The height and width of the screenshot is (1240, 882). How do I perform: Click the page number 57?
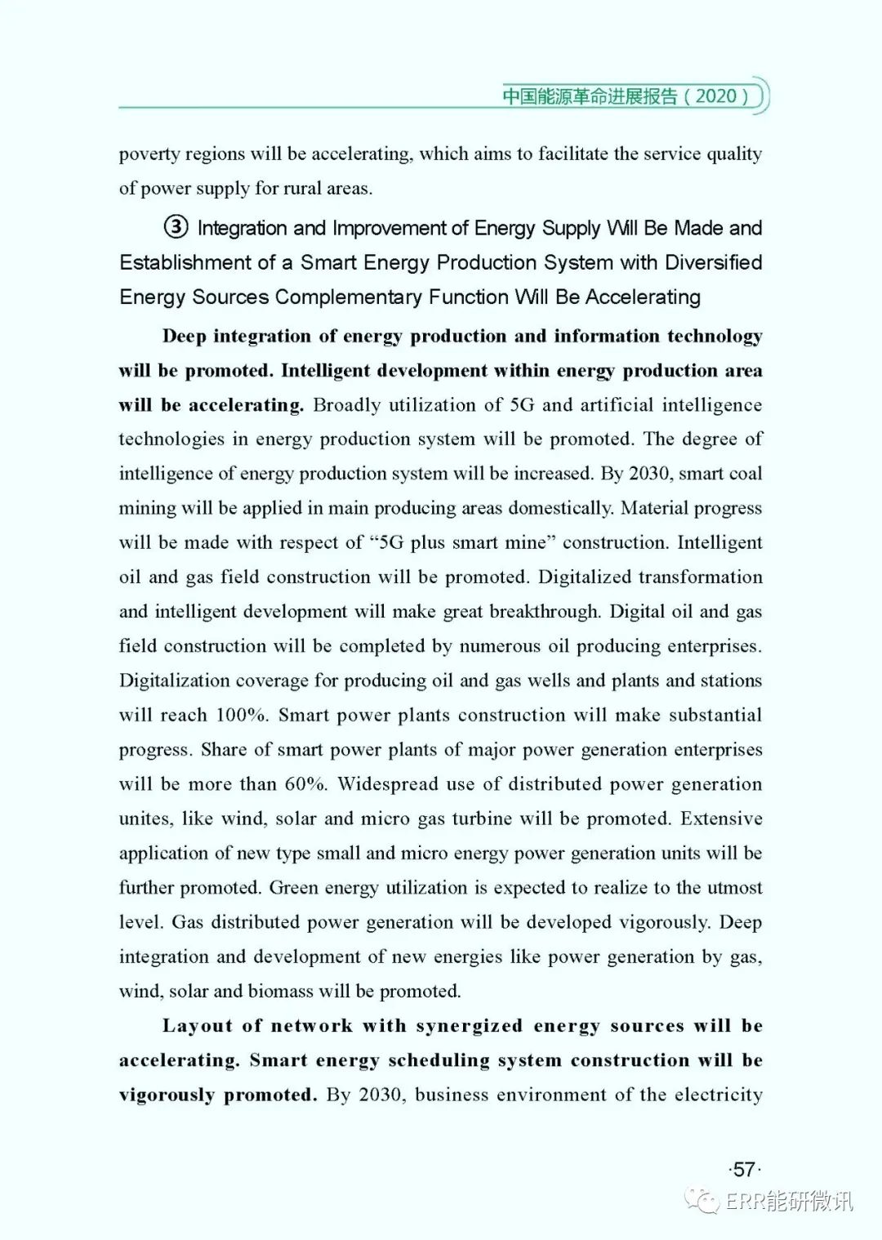click(x=743, y=1170)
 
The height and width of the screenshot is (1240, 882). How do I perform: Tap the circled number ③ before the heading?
click(x=176, y=228)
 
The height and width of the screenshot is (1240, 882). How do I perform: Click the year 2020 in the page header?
click(x=716, y=96)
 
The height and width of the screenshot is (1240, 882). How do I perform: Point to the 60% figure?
click(x=305, y=784)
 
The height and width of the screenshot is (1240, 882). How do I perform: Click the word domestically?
click(x=560, y=508)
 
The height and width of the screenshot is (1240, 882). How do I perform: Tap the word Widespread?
click(x=385, y=784)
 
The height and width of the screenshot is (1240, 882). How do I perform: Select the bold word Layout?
click(x=196, y=1026)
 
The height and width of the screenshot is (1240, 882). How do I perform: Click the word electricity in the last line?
click(x=719, y=1095)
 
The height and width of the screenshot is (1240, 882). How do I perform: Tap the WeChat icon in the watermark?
click(x=703, y=1199)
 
